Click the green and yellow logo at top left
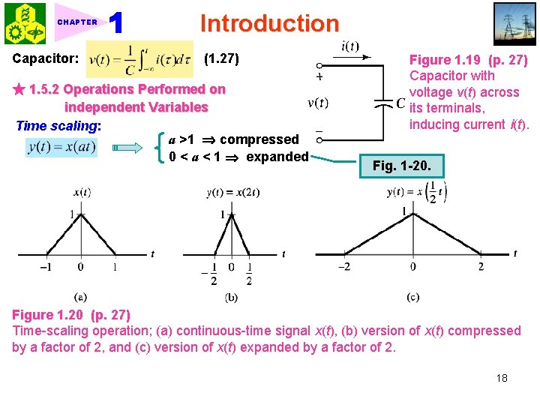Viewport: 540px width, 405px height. [25, 23]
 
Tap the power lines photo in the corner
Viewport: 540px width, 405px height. [515, 23]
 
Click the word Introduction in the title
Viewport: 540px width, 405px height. [269, 23]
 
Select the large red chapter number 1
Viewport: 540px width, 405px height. [116, 24]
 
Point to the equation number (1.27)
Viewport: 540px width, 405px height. [222, 58]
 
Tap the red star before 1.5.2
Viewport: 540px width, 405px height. [19, 90]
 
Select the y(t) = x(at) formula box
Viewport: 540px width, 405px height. [62, 148]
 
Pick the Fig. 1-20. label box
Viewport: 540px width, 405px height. [403, 164]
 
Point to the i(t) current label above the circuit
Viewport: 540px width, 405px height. [349, 46]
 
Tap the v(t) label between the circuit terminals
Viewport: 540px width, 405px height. [318, 103]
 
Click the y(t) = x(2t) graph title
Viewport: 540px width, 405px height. [233, 192]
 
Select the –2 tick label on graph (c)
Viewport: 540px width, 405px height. [344, 266]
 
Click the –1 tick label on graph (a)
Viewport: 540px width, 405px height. [45, 266]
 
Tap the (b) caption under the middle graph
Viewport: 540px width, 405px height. [232, 298]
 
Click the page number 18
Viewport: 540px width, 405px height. [501, 378]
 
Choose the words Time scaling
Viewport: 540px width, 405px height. [58, 125]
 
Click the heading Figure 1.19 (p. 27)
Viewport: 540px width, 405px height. [468, 60]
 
